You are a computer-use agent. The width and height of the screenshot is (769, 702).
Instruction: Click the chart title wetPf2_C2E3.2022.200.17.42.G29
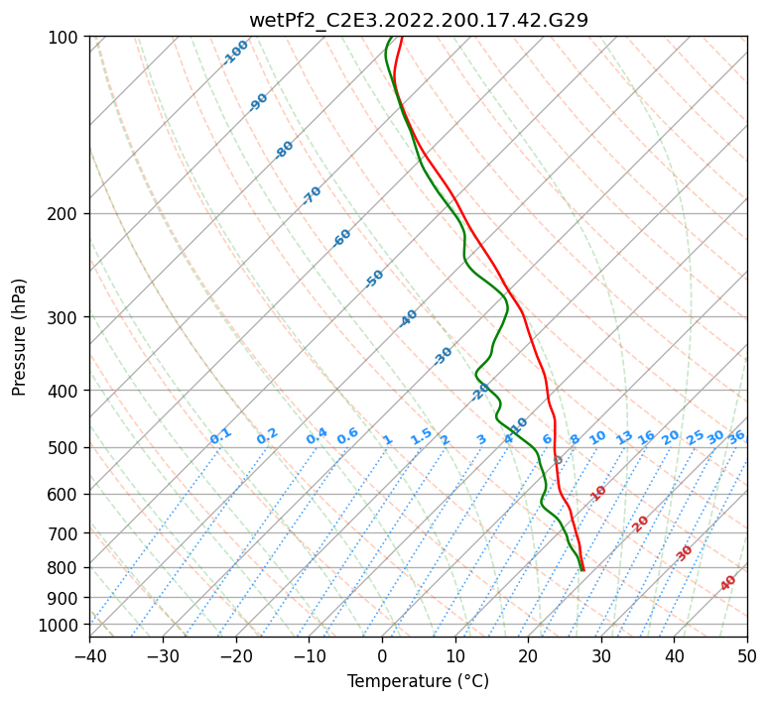coord(418,20)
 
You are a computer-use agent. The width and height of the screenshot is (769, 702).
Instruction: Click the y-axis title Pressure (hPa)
coord(20,337)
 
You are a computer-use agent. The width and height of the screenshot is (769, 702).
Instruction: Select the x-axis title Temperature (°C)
coord(418,681)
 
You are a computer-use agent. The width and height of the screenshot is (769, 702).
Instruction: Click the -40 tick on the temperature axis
coord(89,655)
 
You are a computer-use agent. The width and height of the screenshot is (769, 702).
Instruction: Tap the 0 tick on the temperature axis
coord(382,655)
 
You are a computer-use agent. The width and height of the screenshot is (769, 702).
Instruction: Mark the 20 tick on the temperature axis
coord(528,655)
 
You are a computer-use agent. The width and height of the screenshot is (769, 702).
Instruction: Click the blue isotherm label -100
coord(236,53)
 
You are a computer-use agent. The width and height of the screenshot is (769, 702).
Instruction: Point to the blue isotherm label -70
coord(312,195)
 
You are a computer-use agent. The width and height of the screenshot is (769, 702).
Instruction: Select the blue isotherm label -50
coord(374,279)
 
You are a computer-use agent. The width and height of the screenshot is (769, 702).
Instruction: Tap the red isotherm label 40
coord(728,583)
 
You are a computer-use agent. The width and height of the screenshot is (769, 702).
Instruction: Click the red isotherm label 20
coord(641,523)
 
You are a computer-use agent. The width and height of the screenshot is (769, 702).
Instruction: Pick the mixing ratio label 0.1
coord(220,436)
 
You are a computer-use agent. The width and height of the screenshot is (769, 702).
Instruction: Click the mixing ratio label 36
coord(736,437)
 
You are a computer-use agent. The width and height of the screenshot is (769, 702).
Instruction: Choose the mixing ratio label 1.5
coord(421,436)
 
